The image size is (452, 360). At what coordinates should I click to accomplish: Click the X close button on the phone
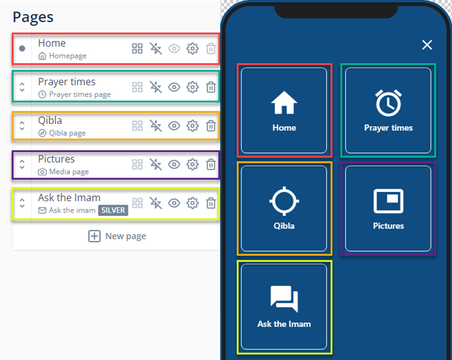tap(427, 45)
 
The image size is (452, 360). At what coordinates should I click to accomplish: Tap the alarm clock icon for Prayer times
tap(388, 103)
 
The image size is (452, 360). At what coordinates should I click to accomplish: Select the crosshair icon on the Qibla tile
tap(284, 201)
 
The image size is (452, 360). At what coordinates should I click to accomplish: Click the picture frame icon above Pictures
tap(388, 201)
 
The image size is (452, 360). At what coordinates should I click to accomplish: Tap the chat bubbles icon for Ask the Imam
tap(284, 299)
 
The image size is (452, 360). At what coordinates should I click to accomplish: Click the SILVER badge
tap(113, 210)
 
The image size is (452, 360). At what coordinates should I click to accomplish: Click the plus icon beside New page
tap(94, 236)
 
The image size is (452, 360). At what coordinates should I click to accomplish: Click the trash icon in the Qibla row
tap(211, 126)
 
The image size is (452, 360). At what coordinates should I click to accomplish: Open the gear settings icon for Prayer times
tap(192, 87)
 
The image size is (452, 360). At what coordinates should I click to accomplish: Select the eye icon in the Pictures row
tap(174, 164)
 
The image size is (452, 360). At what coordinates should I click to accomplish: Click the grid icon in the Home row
tap(137, 49)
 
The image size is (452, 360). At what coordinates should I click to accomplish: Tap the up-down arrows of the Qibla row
tap(22, 126)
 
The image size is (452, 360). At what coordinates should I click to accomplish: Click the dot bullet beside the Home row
tap(22, 49)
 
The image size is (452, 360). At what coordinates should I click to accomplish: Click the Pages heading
tap(33, 17)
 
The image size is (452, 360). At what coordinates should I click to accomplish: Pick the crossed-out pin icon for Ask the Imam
tap(156, 203)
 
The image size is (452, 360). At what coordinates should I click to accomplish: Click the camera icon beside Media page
tap(42, 172)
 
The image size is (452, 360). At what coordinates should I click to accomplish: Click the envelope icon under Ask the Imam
tap(42, 210)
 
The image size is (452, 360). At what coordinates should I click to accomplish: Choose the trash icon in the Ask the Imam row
tap(211, 203)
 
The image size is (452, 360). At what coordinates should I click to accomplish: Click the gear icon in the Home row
tap(192, 49)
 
